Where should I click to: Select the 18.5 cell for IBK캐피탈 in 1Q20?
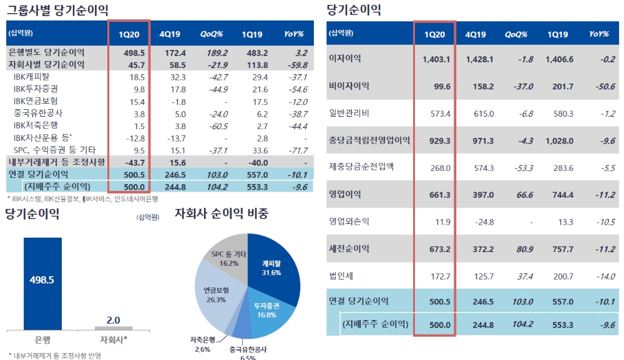point(137,77)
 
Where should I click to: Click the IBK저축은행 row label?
point(38,126)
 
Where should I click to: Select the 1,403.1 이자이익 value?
point(436,59)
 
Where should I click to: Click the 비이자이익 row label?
point(349,86)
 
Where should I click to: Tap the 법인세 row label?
point(341,275)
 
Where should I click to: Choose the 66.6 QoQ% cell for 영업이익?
point(524,195)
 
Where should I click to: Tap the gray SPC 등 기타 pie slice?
point(227,256)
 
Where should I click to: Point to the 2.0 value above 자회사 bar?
point(113,320)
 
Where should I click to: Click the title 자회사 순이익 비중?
point(222,214)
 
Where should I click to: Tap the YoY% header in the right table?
point(598,34)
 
